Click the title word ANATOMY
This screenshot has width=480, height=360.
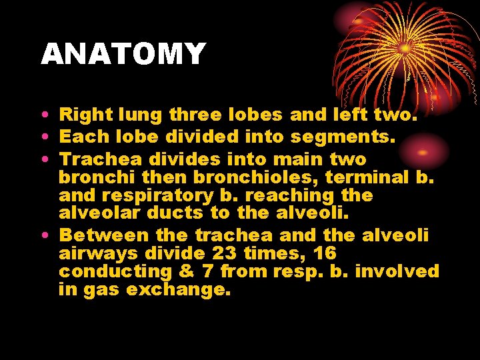tap(123, 54)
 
